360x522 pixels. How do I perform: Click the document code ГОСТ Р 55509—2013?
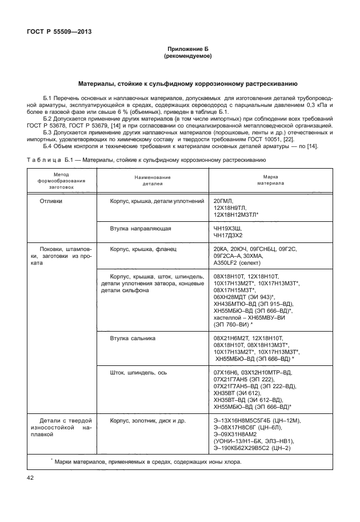pos(59,31)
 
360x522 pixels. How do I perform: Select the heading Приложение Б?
pos(188,50)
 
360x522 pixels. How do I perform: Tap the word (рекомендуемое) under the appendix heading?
pos(188,57)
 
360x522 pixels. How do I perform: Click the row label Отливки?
pos(51,201)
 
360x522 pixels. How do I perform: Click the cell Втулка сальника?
pos(133,338)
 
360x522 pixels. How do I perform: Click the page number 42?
pos(31,477)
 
